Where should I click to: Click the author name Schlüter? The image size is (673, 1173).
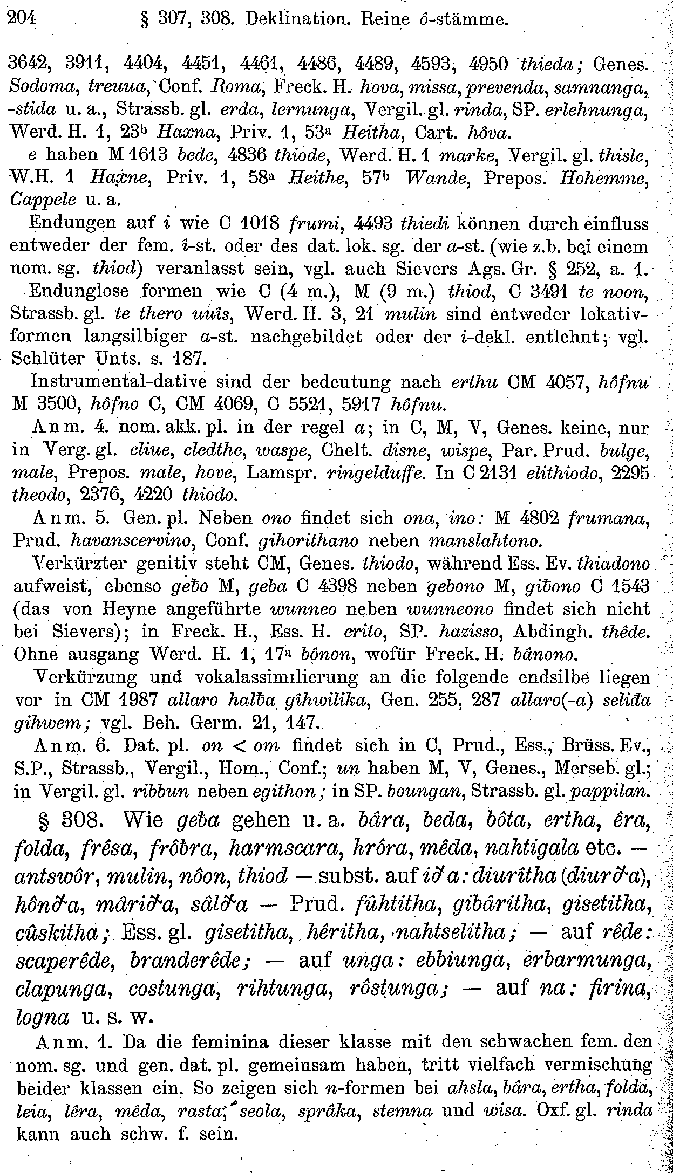[x=52, y=358]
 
